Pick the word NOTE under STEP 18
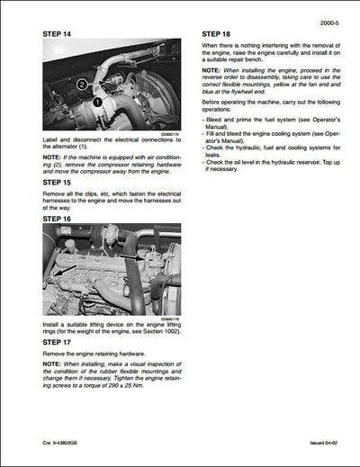click(x=211, y=69)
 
